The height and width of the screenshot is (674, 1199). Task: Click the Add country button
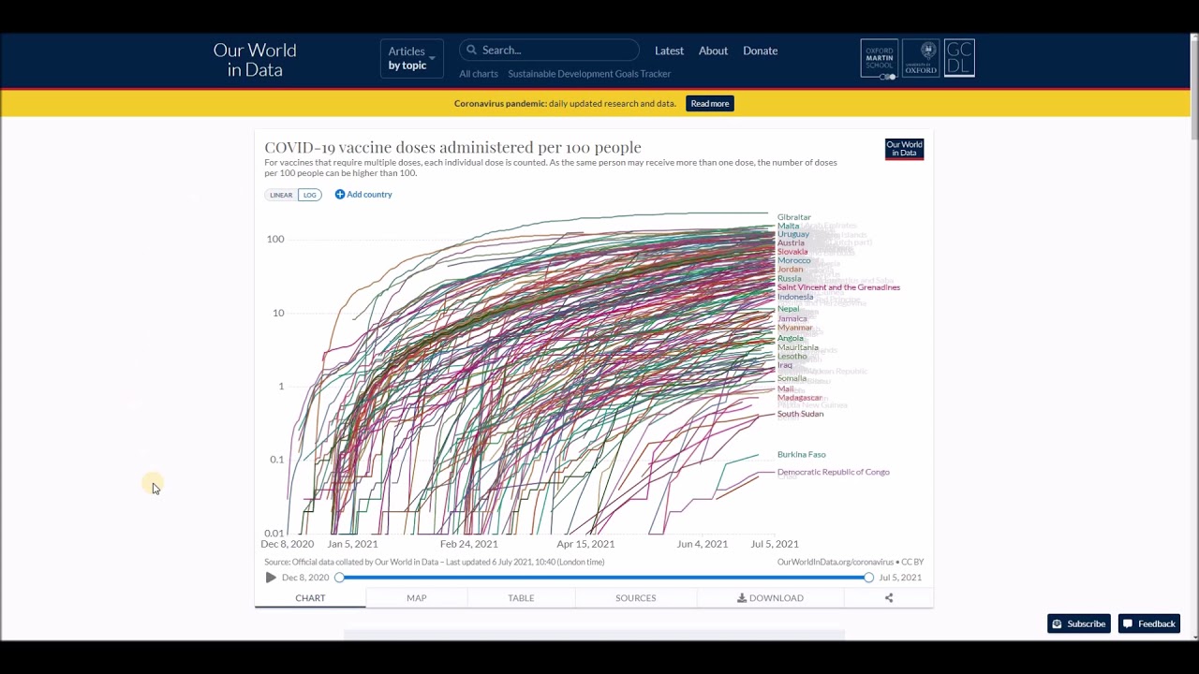[x=363, y=195]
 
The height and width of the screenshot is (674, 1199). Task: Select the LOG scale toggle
[x=309, y=195]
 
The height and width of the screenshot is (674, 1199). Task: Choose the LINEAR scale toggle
[x=281, y=195]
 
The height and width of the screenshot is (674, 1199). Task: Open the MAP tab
[x=417, y=598]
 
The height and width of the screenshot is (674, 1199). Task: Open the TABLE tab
[x=521, y=598]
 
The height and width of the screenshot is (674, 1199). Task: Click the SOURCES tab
[x=635, y=598]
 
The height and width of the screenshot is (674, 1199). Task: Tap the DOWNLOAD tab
[x=770, y=598]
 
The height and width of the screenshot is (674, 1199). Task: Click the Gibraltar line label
[x=793, y=217]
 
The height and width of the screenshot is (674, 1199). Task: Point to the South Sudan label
[x=800, y=414]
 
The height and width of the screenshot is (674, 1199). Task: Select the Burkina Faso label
[x=801, y=455]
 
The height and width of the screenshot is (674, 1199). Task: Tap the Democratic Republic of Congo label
[x=833, y=472]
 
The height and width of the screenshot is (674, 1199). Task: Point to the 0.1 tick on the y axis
[x=276, y=460]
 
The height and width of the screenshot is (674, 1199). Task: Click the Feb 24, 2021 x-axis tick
[x=468, y=544]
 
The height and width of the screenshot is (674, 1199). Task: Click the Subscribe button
[x=1079, y=624]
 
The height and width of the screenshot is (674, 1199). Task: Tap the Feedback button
[x=1149, y=624]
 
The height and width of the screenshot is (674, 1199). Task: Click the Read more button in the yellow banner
[x=709, y=104]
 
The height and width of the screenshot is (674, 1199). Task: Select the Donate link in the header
[x=760, y=51]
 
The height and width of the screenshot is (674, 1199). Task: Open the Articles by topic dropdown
[x=411, y=58]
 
